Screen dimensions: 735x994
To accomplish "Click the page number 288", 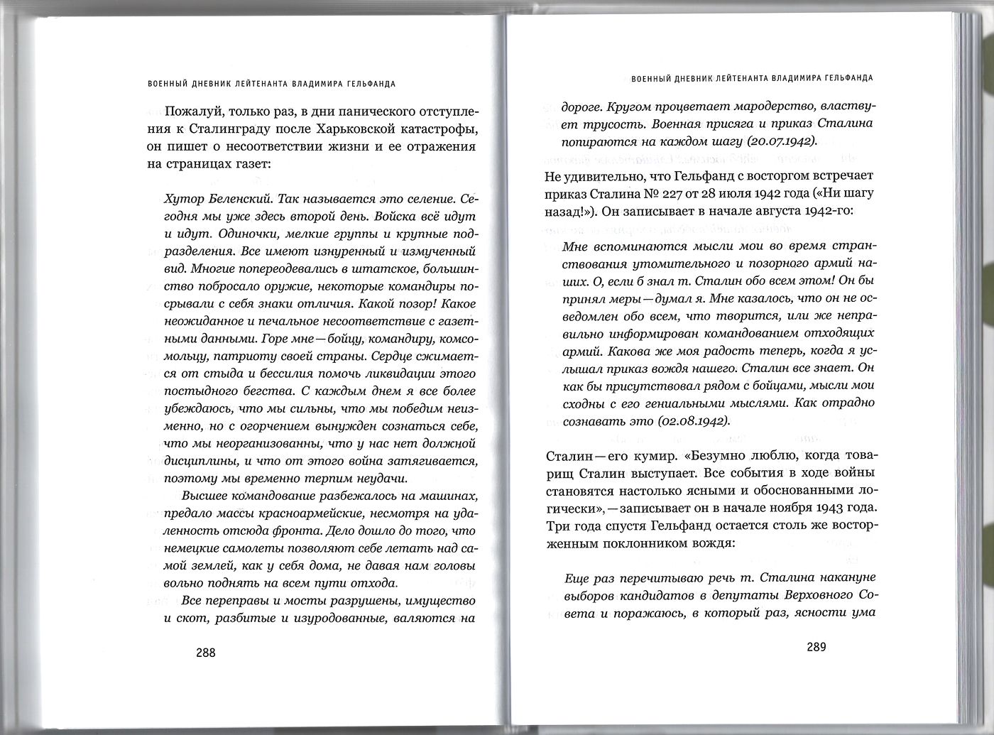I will (x=205, y=653).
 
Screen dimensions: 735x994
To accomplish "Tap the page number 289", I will (x=816, y=647).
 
